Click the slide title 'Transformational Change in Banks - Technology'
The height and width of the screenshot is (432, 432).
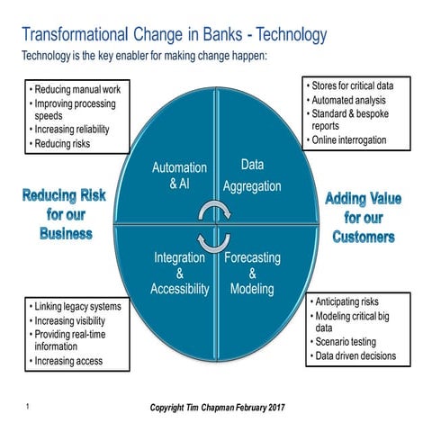point(174,36)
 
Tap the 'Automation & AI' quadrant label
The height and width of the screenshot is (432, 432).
point(179,175)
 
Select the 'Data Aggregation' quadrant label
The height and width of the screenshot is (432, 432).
point(251,175)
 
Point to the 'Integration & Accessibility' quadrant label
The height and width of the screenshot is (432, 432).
point(180,274)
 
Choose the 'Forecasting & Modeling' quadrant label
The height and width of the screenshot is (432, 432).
point(252,274)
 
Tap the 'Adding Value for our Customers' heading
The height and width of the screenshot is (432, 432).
point(364,218)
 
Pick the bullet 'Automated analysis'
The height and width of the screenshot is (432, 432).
point(349,100)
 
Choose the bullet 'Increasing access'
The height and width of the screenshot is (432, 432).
point(69,361)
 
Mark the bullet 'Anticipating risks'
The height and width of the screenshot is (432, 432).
point(349,301)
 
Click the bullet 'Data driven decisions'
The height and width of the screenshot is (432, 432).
point(355,356)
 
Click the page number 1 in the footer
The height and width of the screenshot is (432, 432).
point(29,409)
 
